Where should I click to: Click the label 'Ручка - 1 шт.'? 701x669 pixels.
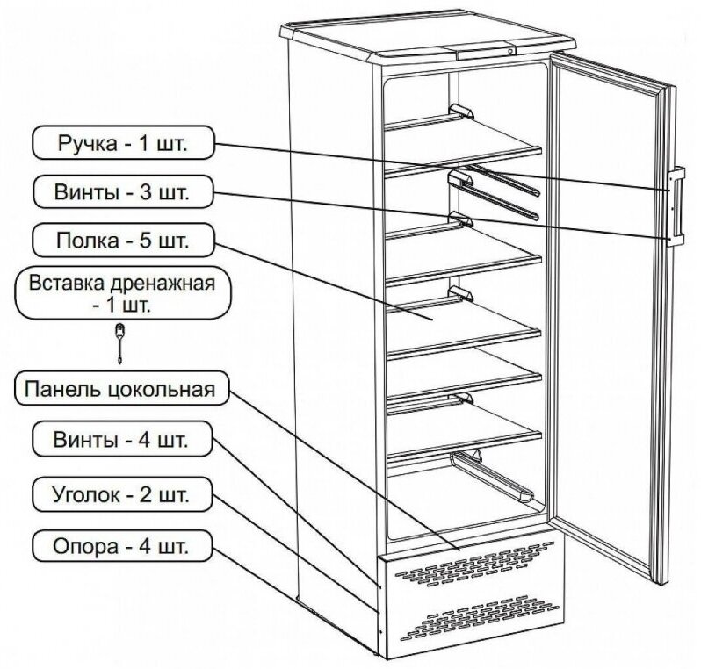pyautogui.click(x=122, y=142)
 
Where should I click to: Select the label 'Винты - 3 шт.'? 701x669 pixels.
pyautogui.click(x=122, y=190)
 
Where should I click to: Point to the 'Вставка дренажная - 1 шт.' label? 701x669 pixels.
pyautogui.click(x=122, y=295)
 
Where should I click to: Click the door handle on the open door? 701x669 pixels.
pyautogui.click(x=676, y=203)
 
